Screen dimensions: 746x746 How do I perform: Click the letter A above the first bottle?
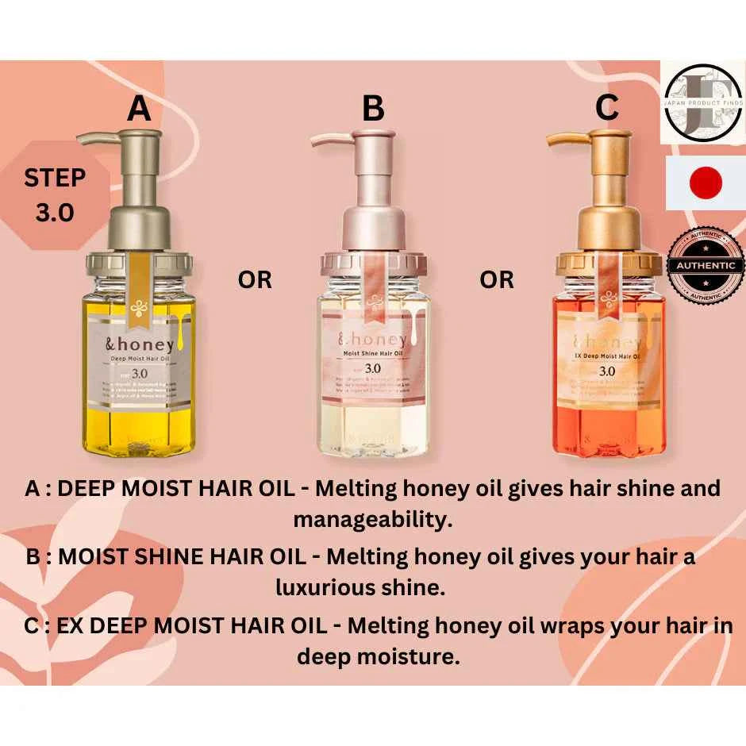139,108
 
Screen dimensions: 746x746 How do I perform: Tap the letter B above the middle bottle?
372,109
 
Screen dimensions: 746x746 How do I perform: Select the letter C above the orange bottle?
606,107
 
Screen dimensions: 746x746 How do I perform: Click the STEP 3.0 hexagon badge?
55,195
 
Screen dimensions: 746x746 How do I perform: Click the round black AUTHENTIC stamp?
706,265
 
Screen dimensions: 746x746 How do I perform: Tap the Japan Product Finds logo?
703,102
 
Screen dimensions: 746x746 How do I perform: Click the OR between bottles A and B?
254,280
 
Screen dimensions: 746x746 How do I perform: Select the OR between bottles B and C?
497,280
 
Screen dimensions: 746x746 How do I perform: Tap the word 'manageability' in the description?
373,521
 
